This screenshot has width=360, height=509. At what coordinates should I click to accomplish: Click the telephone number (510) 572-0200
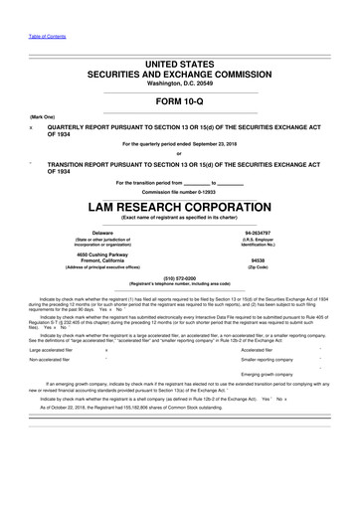pyautogui.click(x=179, y=279)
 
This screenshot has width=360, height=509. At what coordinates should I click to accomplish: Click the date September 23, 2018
pyautogui.click(x=222, y=145)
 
